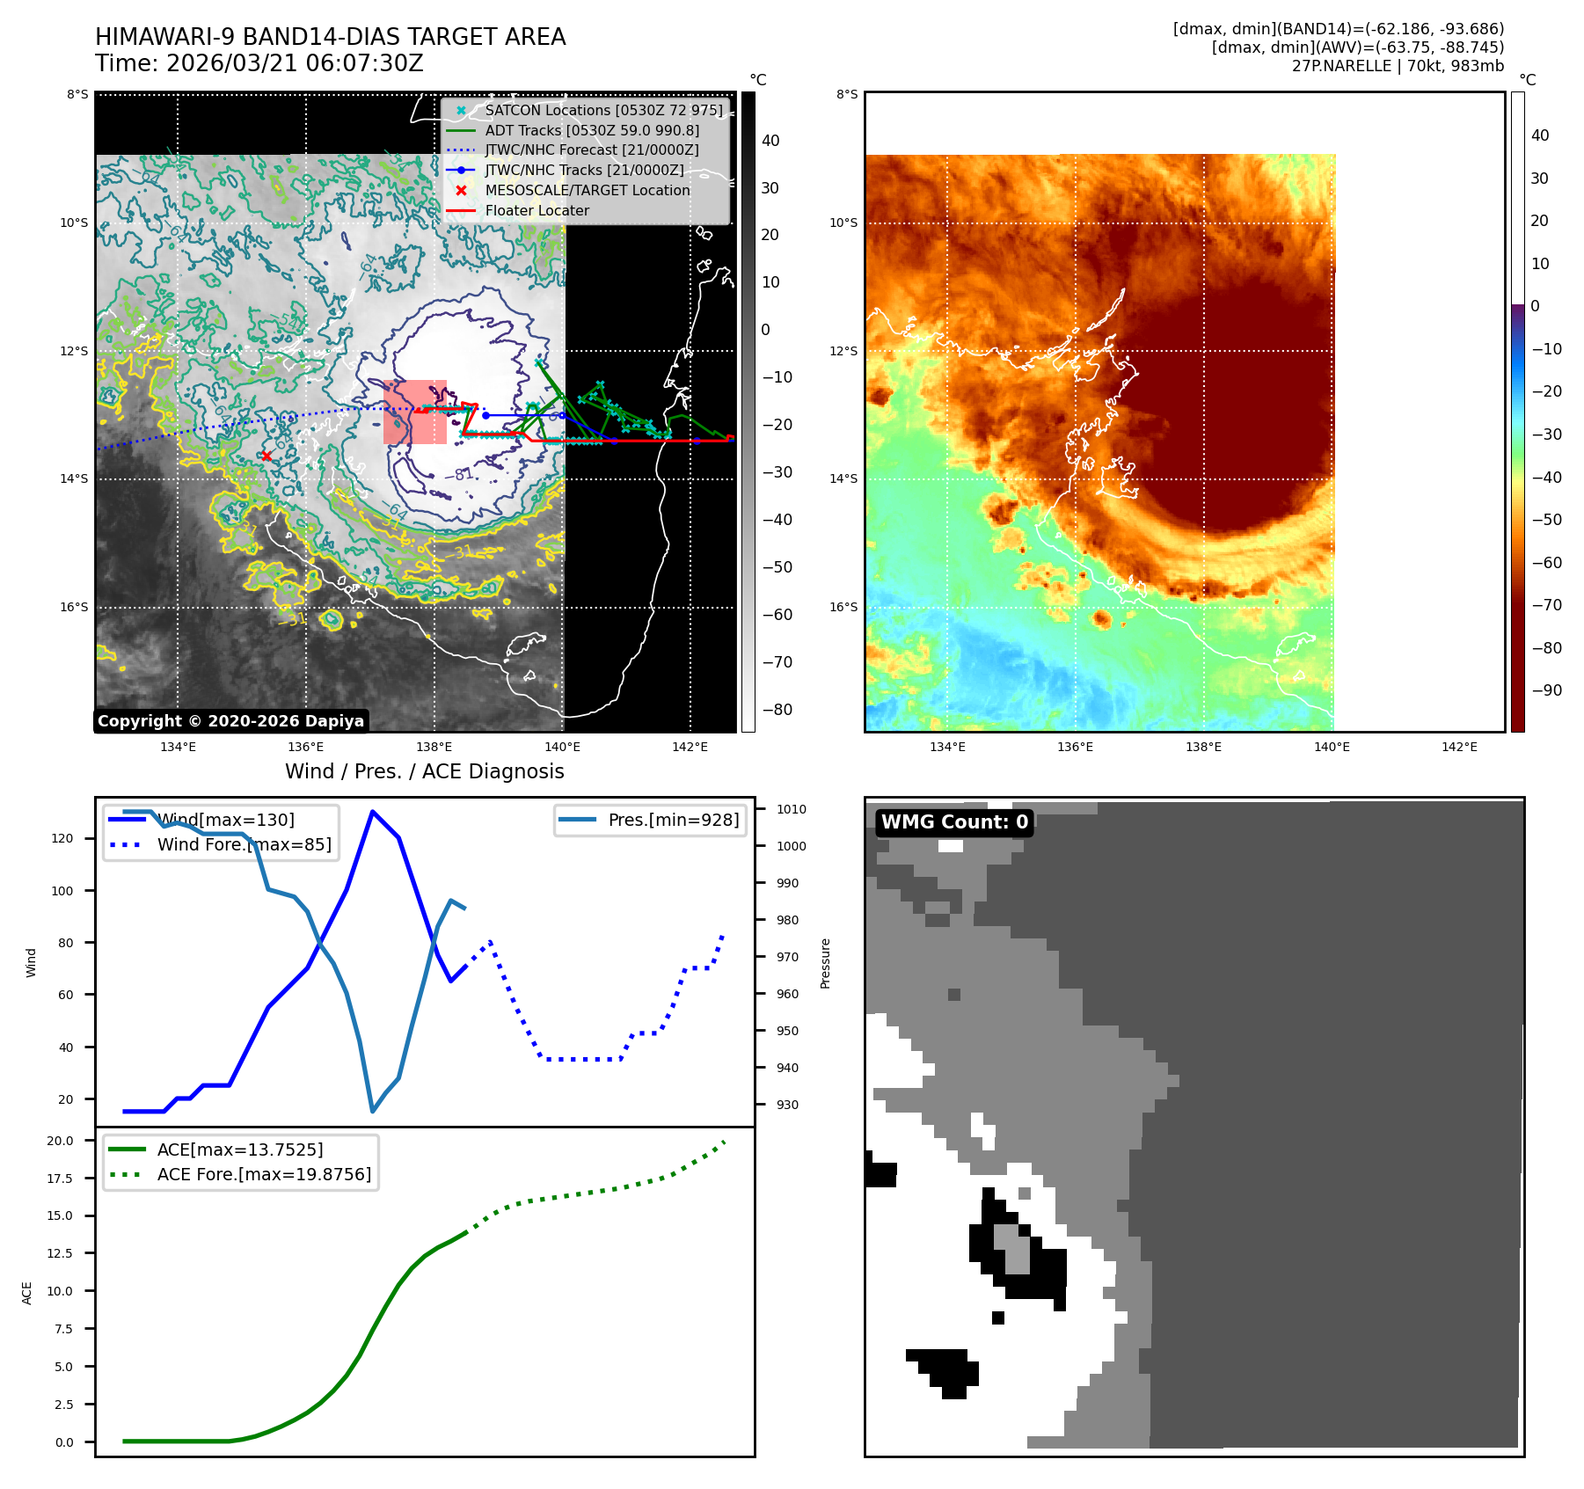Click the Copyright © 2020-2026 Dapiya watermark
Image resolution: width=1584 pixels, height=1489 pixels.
point(230,721)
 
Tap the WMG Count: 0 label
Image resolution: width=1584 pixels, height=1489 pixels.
point(954,822)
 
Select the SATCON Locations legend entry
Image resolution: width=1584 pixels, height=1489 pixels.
point(603,110)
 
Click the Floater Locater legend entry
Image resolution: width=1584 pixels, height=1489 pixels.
point(537,210)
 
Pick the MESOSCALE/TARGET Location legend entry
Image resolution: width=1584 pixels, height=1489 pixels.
point(587,190)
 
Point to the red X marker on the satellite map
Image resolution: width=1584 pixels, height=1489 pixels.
point(266,456)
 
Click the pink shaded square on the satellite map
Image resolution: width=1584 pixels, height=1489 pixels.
point(415,412)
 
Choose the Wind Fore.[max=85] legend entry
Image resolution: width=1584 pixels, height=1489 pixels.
point(244,844)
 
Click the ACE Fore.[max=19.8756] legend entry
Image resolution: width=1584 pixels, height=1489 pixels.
point(264,1174)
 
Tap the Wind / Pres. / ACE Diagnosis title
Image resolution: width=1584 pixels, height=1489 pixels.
point(425,771)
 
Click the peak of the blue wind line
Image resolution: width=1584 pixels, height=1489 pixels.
point(373,811)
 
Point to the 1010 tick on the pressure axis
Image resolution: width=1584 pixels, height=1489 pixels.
point(791,809)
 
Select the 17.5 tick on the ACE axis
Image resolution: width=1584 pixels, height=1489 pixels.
point(60,1179)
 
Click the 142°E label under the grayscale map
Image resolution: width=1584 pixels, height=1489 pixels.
point(690,747)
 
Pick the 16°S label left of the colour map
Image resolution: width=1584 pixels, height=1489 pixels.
point(843,607)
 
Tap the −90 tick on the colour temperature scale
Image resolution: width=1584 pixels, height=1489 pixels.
point(1546,690)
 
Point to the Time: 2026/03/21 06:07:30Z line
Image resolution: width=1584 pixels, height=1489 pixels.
point(259,63)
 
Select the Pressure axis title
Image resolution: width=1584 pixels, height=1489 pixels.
point(825,963)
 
